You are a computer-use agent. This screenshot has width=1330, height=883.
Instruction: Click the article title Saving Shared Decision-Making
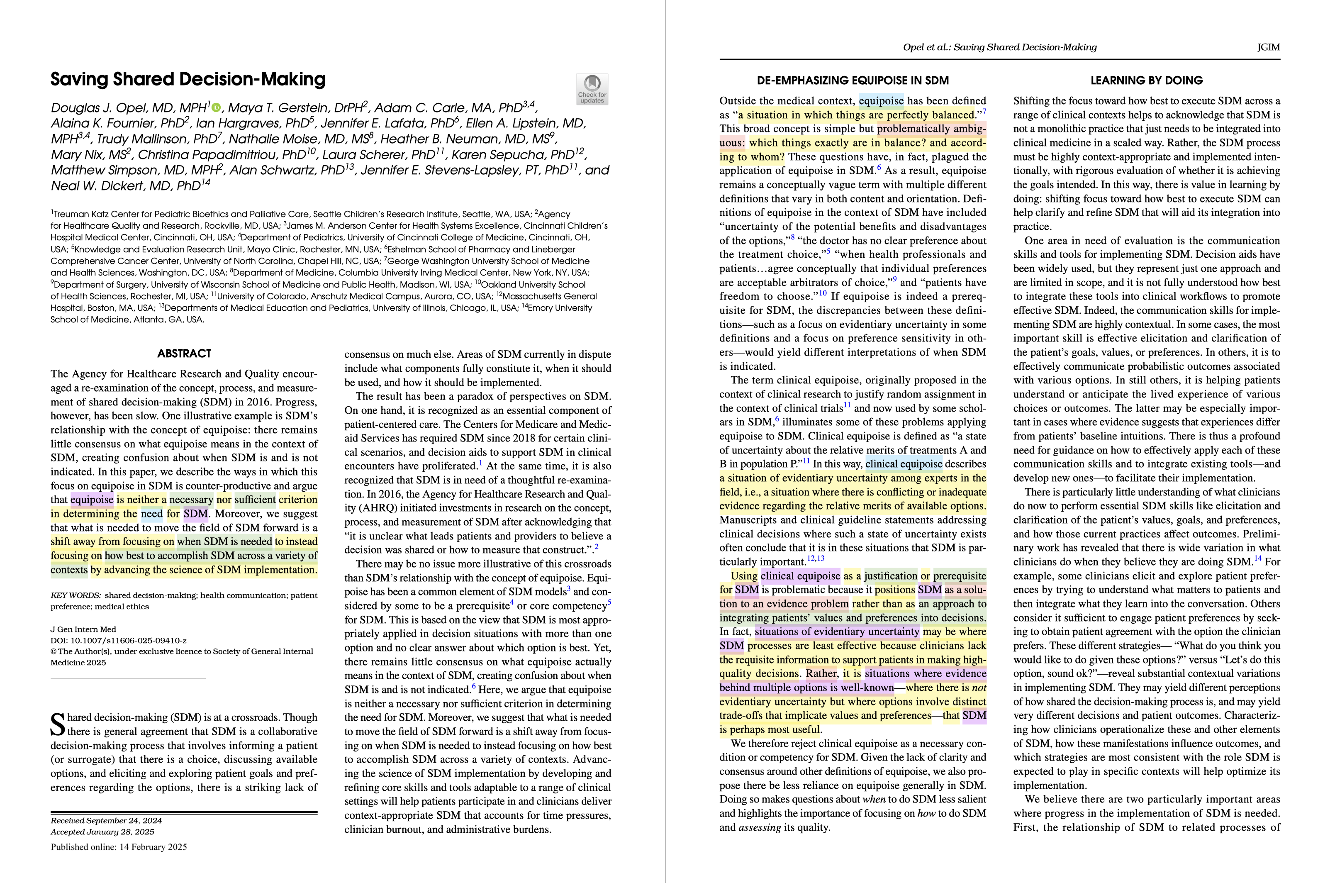pos(188,79)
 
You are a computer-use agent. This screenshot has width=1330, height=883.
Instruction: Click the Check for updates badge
pos(592,89)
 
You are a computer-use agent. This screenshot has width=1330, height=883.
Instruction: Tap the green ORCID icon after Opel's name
pos(217,107)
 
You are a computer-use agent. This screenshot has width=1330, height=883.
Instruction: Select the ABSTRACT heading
pos(184,354)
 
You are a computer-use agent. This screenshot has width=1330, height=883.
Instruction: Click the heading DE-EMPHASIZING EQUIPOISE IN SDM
pos(852,80)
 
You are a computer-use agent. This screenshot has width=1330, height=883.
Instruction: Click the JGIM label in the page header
pos(1268,47)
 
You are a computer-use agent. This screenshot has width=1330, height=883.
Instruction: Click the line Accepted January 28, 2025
pos(102,832)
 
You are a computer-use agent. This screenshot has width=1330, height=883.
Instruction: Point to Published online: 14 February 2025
pos(118,847)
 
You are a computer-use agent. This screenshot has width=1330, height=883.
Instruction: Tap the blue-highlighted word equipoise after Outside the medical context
pos(881,101)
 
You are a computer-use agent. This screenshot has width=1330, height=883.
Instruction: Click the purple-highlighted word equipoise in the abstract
pos(92,500)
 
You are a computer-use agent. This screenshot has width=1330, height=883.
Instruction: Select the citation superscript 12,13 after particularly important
pos(815,559)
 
